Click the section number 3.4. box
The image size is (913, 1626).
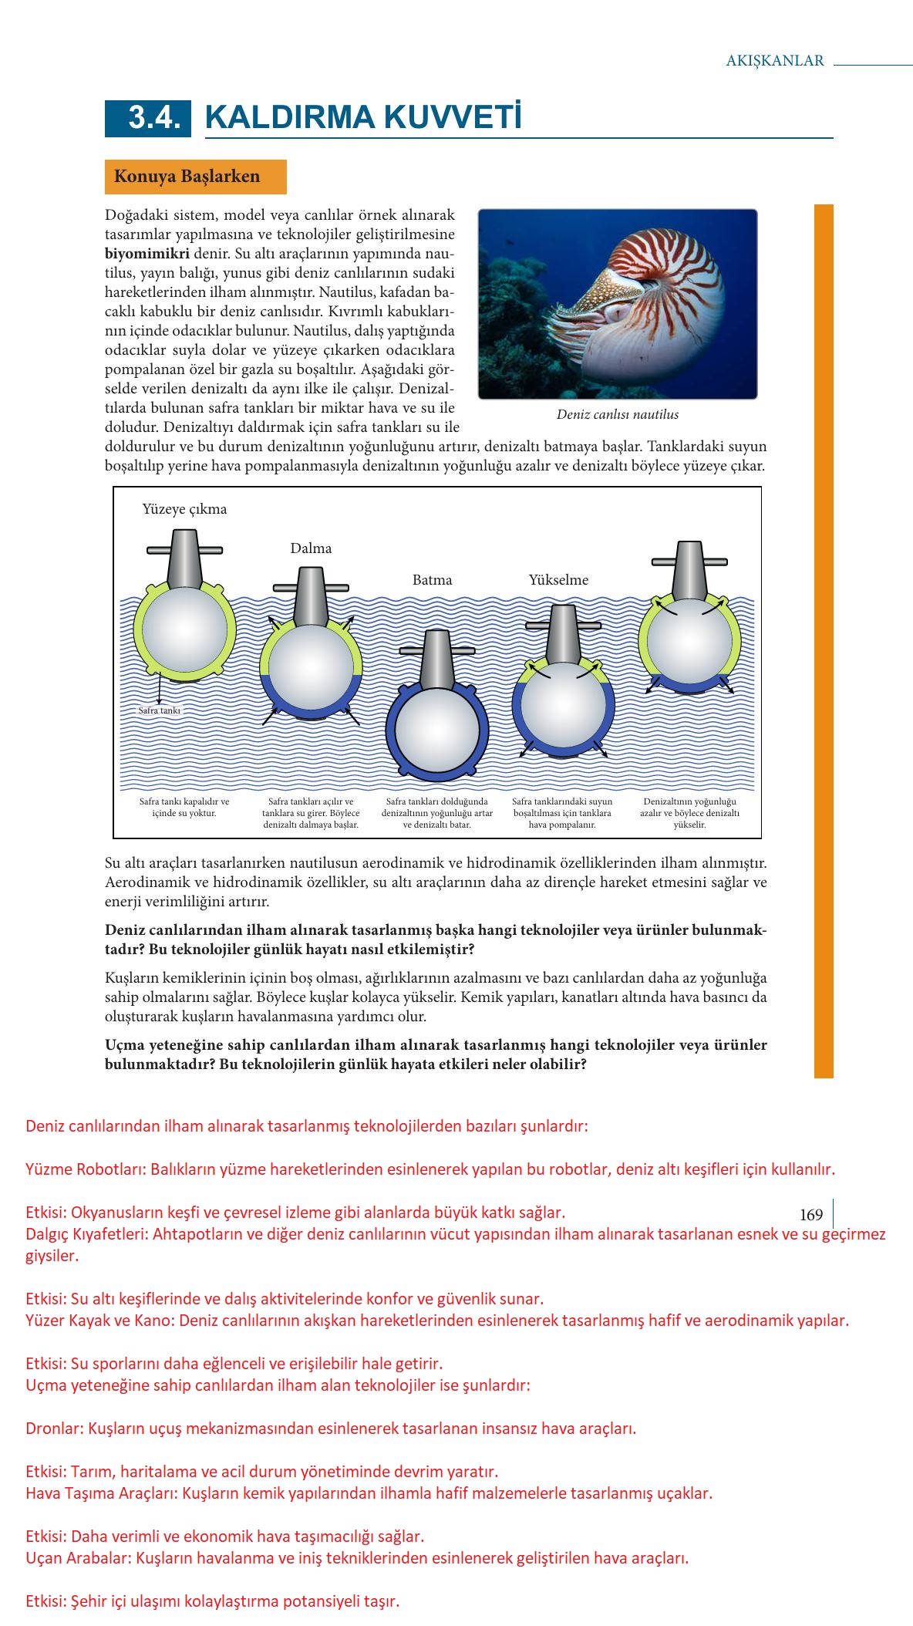[148, 118]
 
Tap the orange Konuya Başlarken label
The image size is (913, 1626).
[187, 177]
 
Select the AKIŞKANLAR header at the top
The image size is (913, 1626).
[775, 61]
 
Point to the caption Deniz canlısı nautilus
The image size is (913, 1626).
[618, 415]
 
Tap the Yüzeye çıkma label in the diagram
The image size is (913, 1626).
[184, 509]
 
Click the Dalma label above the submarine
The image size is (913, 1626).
[311, 548]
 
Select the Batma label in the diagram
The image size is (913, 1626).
[432, 580]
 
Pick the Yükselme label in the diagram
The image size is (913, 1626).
[558, 580]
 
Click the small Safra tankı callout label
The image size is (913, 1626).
[160, 710]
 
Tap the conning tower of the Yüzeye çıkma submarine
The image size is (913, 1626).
[185, 557]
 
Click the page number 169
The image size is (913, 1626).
[811, 1215]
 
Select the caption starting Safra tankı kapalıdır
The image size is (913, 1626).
[184, 807]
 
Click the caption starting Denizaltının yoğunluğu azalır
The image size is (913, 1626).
[689, 813]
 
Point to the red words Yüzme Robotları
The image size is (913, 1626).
[86, 1169]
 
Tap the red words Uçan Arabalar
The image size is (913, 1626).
[77, 1558]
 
